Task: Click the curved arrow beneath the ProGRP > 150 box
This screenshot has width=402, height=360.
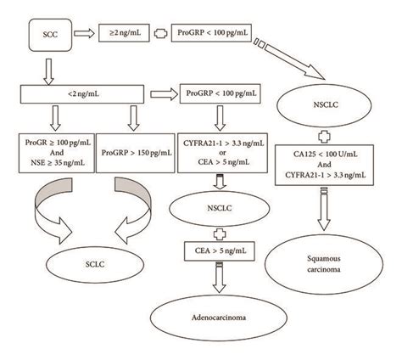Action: click(x=134, y=208)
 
